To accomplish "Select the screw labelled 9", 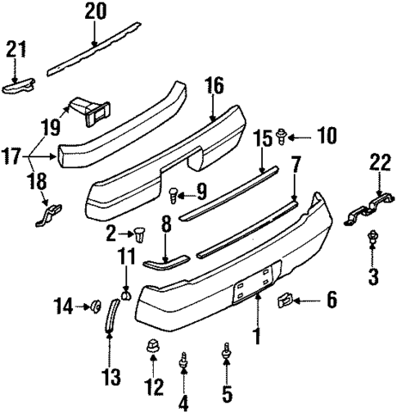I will (x=174, y=195).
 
